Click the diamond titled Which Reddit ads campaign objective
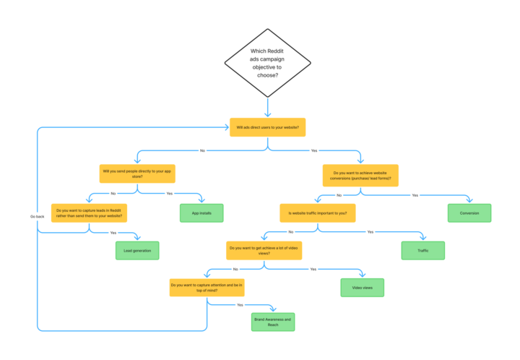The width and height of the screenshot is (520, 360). pyautogui.click(x=267, y=62)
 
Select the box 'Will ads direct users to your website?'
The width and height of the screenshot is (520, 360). pyautogui.click(x=267, y=127)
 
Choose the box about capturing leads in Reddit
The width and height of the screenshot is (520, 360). pyautogui.click(x=89, y=213)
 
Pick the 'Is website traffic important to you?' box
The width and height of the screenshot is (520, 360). pyautogui.click(x=318, y=213)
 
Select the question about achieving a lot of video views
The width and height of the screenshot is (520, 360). pyautogui.click(x=264, y=251)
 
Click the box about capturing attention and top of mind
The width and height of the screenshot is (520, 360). pyautogui.click(x=207, y=288)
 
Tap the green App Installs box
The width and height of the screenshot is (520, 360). pyautogui.click(x=201, y=213)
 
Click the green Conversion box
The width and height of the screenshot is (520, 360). pyautogui.click(x=469, y=213)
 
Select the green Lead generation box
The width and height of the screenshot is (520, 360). pyautogui.click(x=137, y=250)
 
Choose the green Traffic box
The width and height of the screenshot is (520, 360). pyautogui.click(x=422, y=250)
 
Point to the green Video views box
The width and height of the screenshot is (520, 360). pyautogui.click(x=362, y=288)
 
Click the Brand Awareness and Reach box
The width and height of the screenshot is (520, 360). pyautogui.click(x=273, y=322)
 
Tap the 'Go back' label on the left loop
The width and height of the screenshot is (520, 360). pyautogui.click(x=38, y=216)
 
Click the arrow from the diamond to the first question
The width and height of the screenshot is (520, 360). pyautogui.click(x=267, y=107)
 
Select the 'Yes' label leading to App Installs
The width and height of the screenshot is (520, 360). pyautogui.click(x=170, y=194)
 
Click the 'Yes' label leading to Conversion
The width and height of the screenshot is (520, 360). pyautogui.click(x=415, y=194)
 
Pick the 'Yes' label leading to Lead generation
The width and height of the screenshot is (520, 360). pyautogui.click(x=113, y=232)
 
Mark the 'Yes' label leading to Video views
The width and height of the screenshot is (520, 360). pyautogui.click(x=313, y=269)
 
